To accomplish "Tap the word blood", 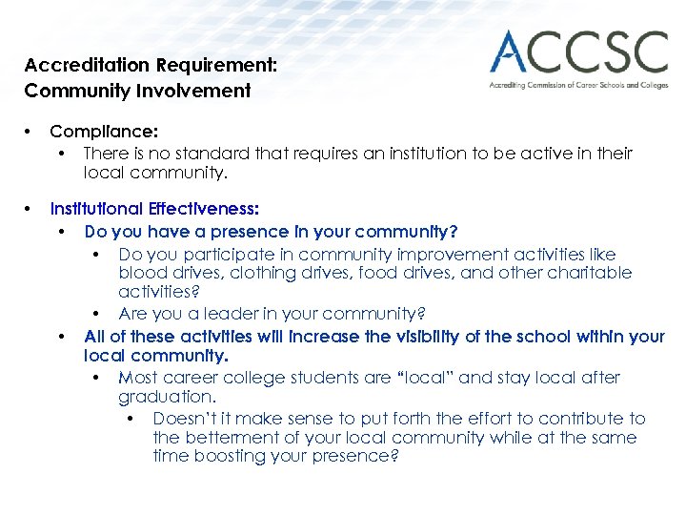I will pyautogui.click(x=141, y=273).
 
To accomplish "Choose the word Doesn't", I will pyautogui.click(x=184, y=419).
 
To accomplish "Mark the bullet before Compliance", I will pyautogui.click(x=30, y=132).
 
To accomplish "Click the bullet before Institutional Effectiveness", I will pyautogui.click(x=30, y=209).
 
